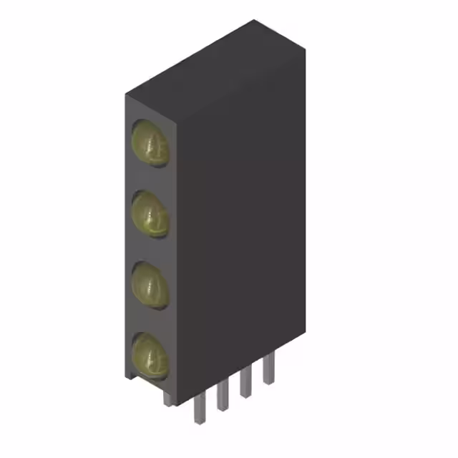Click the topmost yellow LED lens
[150, 143]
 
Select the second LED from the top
[150, 214]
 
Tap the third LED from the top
[150, 284]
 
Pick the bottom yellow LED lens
[150, 355]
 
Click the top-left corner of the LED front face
[125, 96]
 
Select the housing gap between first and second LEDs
[150, 179]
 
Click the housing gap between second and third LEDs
[150, 249]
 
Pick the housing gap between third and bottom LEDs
[150, 320]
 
